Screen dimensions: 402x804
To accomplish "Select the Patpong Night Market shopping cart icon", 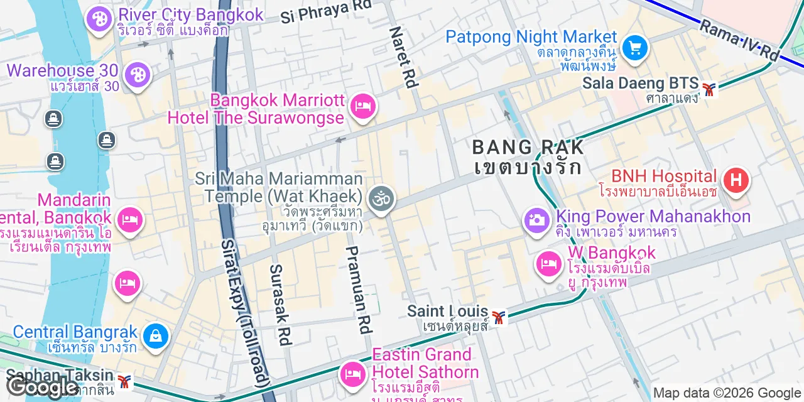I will (x=634, y=47).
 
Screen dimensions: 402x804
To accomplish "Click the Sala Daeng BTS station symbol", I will (x=709, y=90).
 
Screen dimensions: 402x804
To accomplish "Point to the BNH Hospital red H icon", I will (x=736, y=180).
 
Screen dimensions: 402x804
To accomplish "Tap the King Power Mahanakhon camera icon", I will (x=536, y=220).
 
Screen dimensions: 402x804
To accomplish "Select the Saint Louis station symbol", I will (x=499, y=318).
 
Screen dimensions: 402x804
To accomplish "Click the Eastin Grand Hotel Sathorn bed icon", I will (x=353, y=374).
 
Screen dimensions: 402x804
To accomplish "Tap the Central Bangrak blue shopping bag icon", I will (x=155, y=336).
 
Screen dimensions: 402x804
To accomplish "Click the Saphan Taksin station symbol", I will (x=126, y=381).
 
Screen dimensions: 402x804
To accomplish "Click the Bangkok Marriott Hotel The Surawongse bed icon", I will (x=363, y=106).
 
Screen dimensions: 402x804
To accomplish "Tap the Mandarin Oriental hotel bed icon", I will (x=129, y=220).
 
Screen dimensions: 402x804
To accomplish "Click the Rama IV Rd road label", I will (x=739, y=40).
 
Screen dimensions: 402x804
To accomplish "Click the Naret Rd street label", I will (x=403, y=57).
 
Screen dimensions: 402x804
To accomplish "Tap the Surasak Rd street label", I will (x=280, y=304).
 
